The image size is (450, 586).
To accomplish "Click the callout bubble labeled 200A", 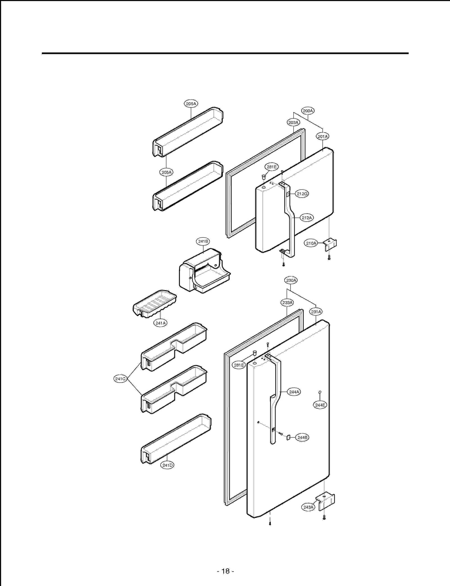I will point(308,111).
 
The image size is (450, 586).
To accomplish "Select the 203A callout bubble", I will point(293,122).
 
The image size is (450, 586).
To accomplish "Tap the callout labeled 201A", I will point(323,136).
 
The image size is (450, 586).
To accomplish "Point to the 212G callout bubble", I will point(302,194).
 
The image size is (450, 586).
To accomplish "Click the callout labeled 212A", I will point(307,218).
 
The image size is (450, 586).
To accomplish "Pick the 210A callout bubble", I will point(311,243).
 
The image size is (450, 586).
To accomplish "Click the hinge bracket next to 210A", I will point(330,244).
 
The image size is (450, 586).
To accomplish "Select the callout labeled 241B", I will point(203,241).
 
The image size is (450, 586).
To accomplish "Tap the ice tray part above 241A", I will point(155,304).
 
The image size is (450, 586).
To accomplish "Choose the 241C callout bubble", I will point(120,379).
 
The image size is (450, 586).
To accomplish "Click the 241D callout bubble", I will point(167,465).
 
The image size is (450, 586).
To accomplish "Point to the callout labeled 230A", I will point(291,280).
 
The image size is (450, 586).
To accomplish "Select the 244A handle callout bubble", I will point(294,392).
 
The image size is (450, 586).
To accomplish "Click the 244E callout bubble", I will point(320,405).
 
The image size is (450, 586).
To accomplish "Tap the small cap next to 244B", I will point(288,437).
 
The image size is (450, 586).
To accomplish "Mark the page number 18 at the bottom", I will point(226,571).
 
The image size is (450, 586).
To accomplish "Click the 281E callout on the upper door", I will point(272,167).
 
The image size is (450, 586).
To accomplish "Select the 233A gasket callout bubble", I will point(287,303).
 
